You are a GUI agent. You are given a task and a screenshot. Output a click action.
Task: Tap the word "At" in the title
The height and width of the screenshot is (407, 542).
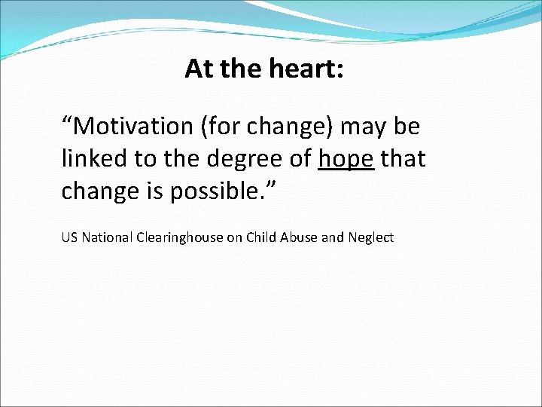click(x=199, y=69)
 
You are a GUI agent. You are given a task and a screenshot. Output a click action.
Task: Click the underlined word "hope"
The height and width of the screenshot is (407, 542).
click(x=346, y=159)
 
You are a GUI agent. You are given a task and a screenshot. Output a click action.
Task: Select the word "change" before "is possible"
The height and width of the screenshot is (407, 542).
click(x=97, y=191)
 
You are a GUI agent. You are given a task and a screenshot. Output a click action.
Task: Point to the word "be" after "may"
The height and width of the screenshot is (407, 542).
click(x=406, y=127)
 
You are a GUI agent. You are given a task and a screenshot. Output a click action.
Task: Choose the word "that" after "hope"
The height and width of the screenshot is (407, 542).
click(x=403, y=159)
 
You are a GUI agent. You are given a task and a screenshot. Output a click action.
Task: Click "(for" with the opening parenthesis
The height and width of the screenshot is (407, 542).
click(x=215, y=127)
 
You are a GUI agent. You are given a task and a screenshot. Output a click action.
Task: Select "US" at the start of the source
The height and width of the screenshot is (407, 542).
click(x=69, y=237)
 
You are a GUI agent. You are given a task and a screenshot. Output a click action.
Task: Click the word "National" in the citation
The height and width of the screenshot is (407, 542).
click(x=106, y=237)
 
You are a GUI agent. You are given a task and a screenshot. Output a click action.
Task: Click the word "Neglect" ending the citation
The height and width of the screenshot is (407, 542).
click(x=369, y=237)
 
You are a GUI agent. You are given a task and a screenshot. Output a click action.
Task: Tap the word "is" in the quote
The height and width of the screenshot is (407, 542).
click(x=151, y=191)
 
